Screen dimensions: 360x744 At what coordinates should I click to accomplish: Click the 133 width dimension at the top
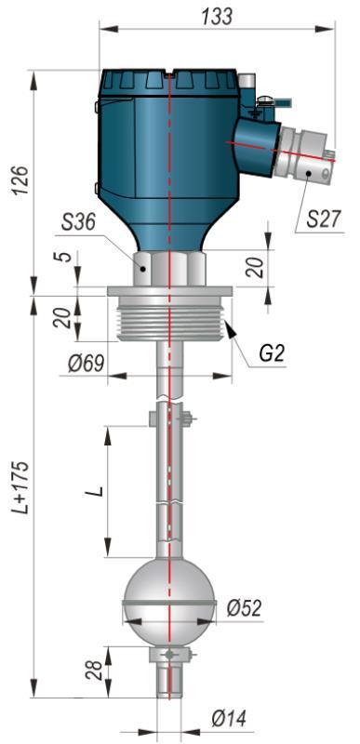(x=218, y=16)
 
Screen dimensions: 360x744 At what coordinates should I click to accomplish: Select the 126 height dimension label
(x=21, y=180)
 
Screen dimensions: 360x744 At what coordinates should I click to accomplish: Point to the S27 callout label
(x=324, y=219)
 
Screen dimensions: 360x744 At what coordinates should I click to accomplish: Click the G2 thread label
(x=272, y=354)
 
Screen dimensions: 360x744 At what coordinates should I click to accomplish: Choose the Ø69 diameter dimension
(x=86, y=364)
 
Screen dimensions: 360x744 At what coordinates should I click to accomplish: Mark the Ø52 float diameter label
(x=244, y=607)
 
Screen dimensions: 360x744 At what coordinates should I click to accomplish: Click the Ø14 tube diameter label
(x=230, y=719)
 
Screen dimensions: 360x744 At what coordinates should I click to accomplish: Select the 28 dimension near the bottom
(x=95, y=670)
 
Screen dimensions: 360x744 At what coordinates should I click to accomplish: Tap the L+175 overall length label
(x=21, y=487)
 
